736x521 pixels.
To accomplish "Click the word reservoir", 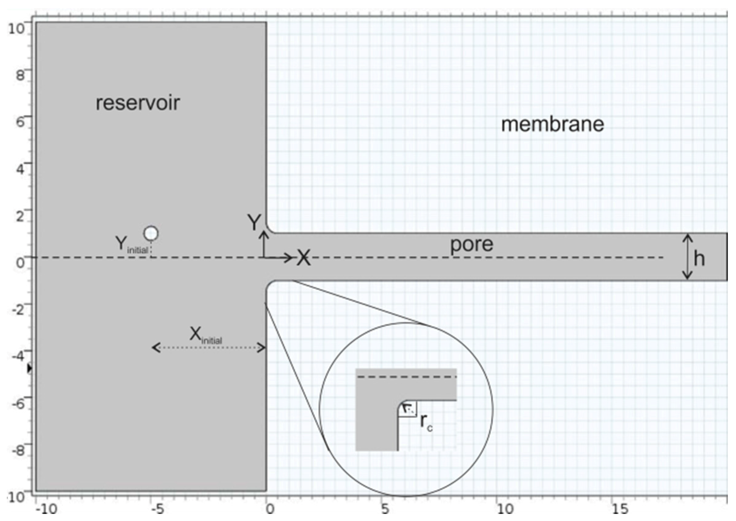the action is pos(138,103).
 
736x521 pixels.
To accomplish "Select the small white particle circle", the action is pos(151,234).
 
